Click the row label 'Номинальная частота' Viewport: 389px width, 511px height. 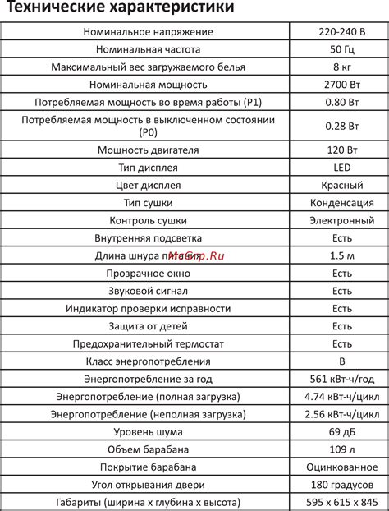click(149, 49)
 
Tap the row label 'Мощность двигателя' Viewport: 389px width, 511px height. click(149, 150)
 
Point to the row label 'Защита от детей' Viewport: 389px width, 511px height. click(149, 326)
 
